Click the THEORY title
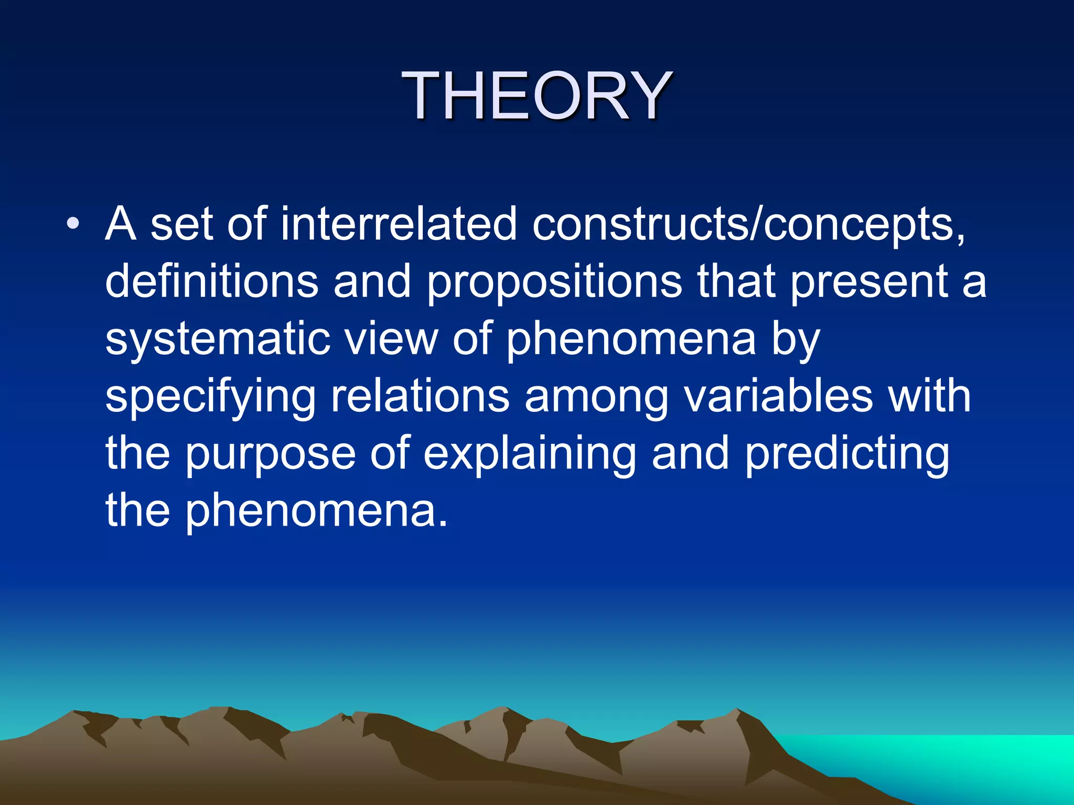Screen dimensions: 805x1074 tap(536, 97)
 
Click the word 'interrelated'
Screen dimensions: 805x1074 tap(399, 224)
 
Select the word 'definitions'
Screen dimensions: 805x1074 tap(212, 281)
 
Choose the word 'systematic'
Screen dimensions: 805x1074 tap(217, 340)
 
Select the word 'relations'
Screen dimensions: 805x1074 tap(420, 396)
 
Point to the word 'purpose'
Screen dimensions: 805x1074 tap(271, 455)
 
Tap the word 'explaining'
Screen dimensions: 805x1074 tap(530, 455)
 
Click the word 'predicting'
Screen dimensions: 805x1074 tap(847, 455)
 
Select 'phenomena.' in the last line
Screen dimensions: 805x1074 tap(317, 512)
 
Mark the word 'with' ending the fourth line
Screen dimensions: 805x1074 tap(929, 396)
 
